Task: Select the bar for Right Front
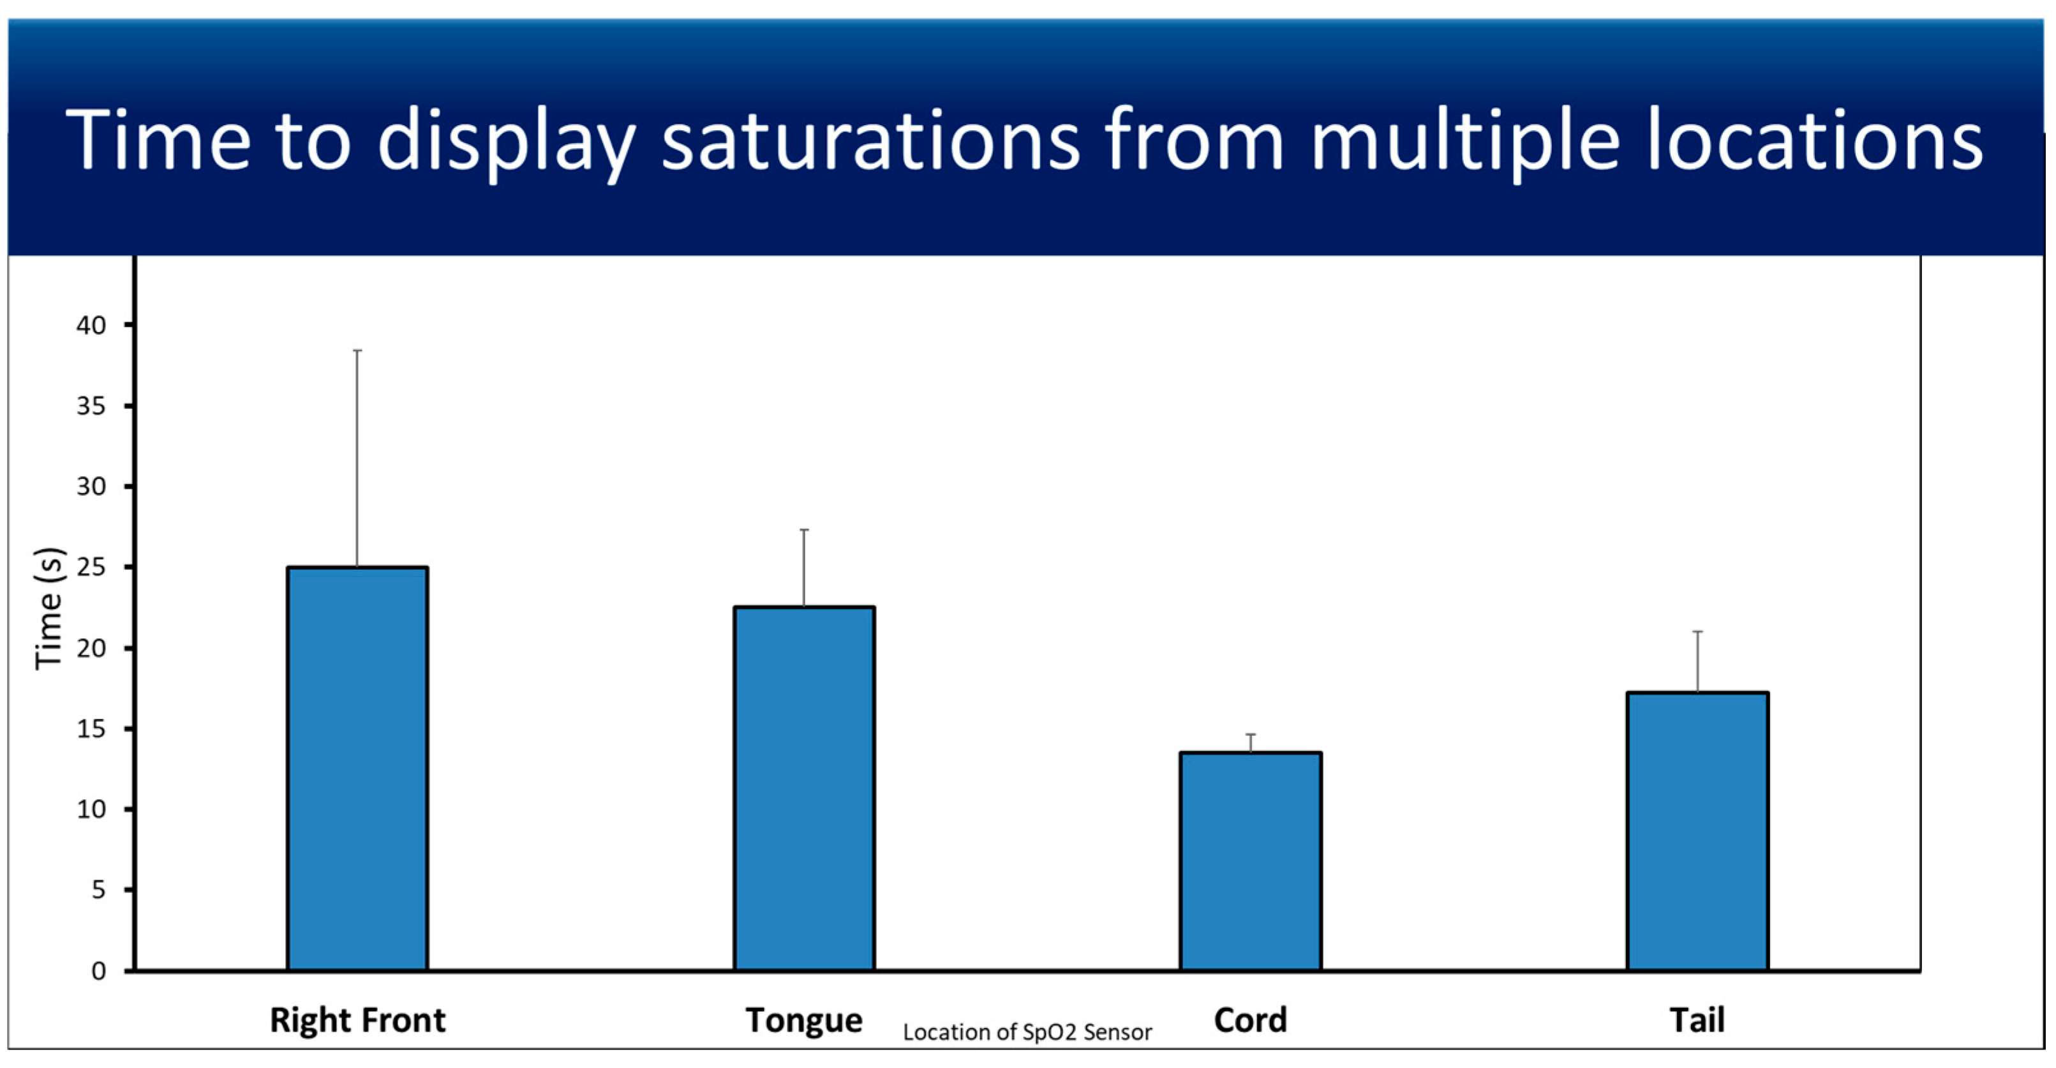click(357, 768)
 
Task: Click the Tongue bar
click(804, 788)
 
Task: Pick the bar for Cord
click(1251, 861)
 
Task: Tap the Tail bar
click(1697, 831)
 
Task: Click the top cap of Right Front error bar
click(357, 350)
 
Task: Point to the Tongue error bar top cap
click(804, 530)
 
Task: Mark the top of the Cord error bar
click(1251, 734)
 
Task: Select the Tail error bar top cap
click(1697, 631)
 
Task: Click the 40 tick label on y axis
click(91, 325)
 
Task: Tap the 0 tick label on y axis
click(98, 970)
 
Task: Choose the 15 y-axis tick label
click(91, 729)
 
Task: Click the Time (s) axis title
click(48, 608)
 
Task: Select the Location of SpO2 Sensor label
click(1027, 1032)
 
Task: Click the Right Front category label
click(357, 1020)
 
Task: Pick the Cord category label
click(1251, 1020)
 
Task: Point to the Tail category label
click(1697, 1020)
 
